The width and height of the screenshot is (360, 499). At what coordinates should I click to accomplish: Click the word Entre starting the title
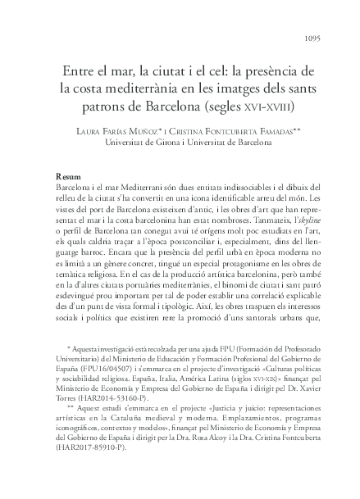tap(68, 67)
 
